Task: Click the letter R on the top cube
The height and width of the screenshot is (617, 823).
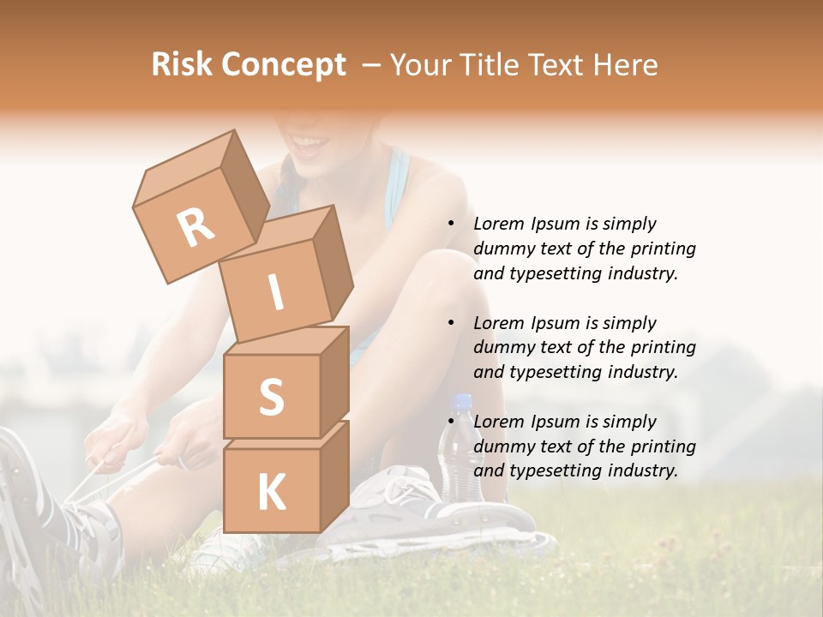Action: coord(195,228)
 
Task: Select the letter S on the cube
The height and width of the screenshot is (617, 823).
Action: coord(271,397)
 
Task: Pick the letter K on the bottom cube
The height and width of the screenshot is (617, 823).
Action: coord(271,492)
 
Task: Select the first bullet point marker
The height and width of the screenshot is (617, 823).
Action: coord(450,224)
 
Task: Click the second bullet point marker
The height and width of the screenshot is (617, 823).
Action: coord(450,323)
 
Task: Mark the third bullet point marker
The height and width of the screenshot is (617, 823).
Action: coord(450,422)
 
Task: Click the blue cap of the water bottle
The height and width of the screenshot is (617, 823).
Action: coord(462,401)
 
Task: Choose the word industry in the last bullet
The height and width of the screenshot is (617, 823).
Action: coord(642,470)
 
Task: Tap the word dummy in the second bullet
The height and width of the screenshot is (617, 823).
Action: coord(502,348)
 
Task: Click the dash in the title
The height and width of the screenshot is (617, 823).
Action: coord(372,65)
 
